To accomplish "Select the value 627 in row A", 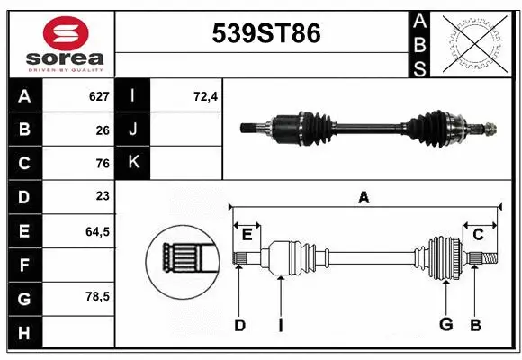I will click(x=98, y=96).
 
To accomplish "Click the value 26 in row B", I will click(x=103, y=130).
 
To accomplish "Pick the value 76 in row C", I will click(x=103, y=164).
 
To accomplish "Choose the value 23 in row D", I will click(x=103, y=196).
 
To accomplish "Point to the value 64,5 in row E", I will click(x=97, y=231).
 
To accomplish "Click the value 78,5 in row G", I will click(x=97, y=296).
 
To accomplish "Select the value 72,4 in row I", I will click(x=206, y=96).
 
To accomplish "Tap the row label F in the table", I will click(x=24, y=265).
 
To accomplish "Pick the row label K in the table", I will click(x=133, y=163).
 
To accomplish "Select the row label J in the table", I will click(x=133, y=130).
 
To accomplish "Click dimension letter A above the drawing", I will click(x=364, y=198).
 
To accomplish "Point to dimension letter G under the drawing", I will click(x=445, y=324).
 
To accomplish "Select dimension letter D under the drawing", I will click(x=239, y=324).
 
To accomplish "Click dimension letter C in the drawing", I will click(x=478, y=235).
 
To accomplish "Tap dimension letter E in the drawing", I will click(x=247, y=235).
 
